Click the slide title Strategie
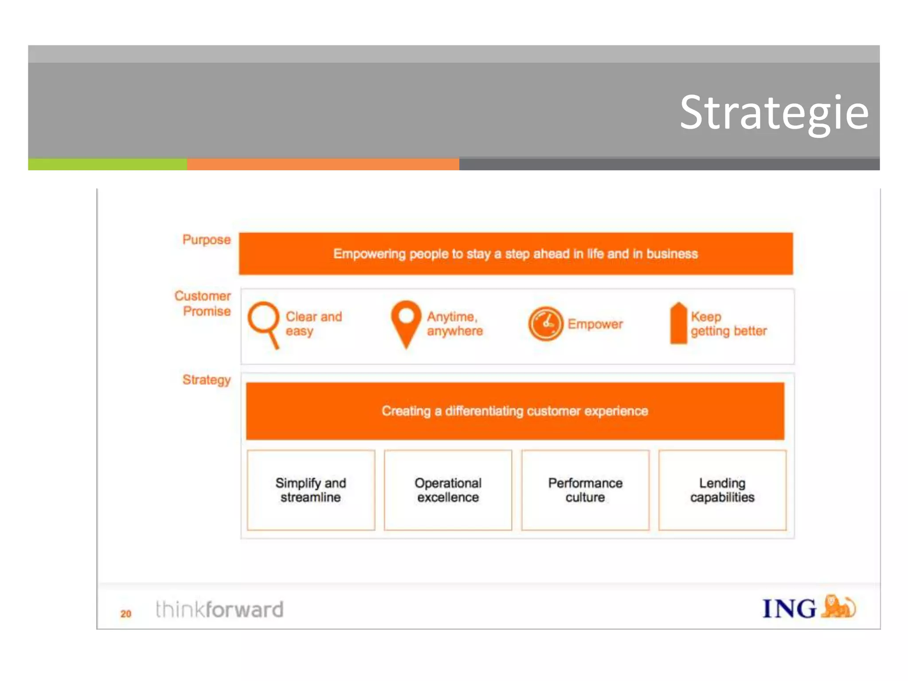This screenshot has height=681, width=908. [774, 113]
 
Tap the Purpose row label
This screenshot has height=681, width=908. [207, 240]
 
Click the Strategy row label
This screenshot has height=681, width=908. [207, 380]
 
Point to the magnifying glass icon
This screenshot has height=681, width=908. [264, 324]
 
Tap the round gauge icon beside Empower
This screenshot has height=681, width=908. [545, 324]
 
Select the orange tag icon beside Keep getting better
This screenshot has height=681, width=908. [678, 324]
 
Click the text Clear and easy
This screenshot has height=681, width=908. [313, 324]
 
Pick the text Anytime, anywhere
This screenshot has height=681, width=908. [454, 324]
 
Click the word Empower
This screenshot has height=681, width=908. [595, 324]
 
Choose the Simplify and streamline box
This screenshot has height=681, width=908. [311, 490]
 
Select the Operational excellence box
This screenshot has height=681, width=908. [448, 490]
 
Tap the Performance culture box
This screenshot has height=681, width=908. [585, 490]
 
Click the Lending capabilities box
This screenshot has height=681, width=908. [722, 490]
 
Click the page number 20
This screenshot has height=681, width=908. [126, 614]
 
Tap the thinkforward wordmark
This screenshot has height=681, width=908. [219, 609]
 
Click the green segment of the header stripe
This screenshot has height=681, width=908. [107, 164]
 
